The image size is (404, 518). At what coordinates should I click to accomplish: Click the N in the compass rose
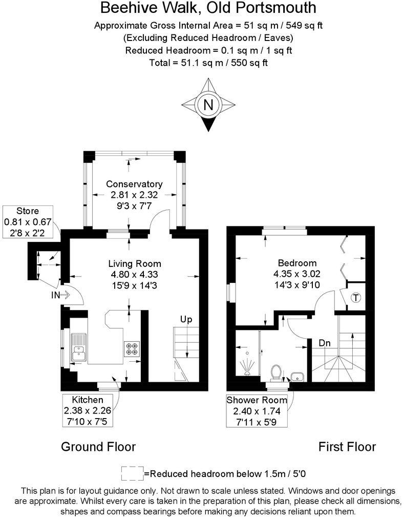(208, 105)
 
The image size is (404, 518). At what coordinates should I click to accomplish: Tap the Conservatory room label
(134, 184)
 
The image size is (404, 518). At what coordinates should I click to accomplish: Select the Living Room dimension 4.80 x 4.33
(134, 275)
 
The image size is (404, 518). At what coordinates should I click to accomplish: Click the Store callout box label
(28, 211)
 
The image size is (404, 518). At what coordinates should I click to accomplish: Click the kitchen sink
(79, 347)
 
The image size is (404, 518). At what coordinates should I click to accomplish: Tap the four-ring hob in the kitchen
(131, 348)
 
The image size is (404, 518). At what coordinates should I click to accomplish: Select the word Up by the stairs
(185, 320)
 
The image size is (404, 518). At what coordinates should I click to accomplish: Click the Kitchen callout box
(88, 409)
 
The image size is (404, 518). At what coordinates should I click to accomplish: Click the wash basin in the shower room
(297, 377)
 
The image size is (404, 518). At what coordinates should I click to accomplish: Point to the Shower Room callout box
(257, 410)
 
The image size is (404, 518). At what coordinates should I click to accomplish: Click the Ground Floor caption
(98, 446)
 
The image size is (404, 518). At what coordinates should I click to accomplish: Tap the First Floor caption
(347, 446)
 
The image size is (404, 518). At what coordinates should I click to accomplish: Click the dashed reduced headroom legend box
(132, 473)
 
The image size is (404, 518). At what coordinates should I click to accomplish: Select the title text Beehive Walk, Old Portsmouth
(208, 8)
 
